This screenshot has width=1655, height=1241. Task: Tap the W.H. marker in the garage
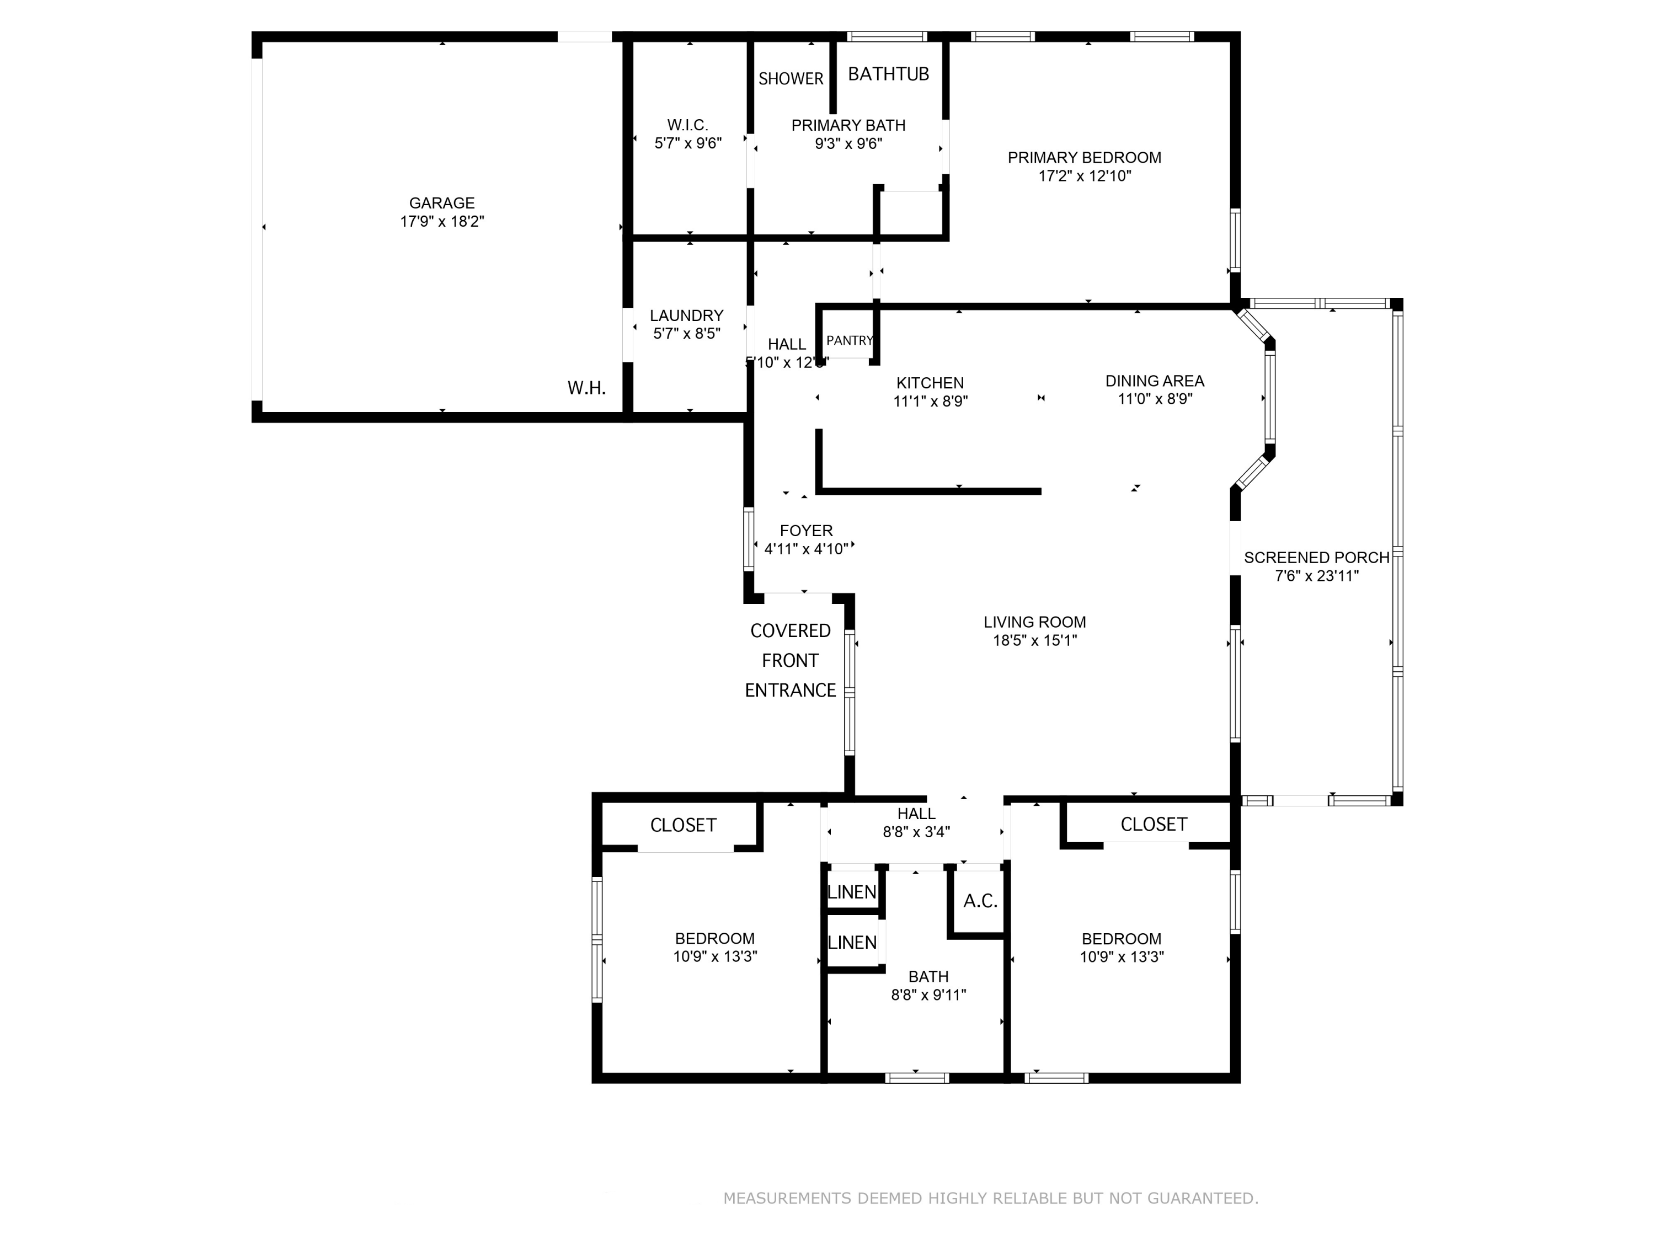click(x=586, y=388)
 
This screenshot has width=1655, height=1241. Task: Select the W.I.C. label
click(x=687, y=125)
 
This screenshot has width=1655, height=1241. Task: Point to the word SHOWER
click(x=791, y=78)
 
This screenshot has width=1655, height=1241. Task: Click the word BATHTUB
click(x=888, y=73)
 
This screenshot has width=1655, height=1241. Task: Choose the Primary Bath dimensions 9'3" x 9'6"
click(x=848, y=143)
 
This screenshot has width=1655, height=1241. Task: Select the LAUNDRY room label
click(x=686, y=315)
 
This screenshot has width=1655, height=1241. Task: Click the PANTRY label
click(x=850, y=340)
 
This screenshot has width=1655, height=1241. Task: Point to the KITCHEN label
click(x=930, y=383)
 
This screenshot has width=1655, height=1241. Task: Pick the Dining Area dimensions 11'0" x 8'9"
click(x=1155, y=399)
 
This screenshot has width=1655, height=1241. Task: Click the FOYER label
click(x=806, y=531)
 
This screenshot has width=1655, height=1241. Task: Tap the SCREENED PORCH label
click(x=1317, y=557)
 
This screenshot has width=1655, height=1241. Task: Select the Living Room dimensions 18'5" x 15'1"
click(x=1035, y=640)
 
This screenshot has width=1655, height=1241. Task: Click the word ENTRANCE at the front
click(x=790, y=691)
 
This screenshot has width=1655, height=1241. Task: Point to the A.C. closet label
click(x=980, y=901)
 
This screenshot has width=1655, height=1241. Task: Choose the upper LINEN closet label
click(x=851, y=892)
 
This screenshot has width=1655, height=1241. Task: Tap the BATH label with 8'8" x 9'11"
click(x=928, y=976)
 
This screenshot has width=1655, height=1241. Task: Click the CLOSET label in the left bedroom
click(x=683, y=825)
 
